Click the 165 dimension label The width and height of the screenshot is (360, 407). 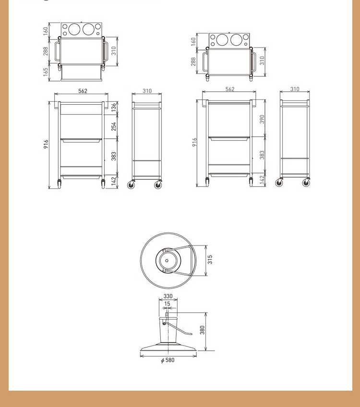[x=46, y=72]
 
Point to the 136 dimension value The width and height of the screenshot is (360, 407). [x=114, y=108]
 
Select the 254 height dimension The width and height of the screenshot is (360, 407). [x=114, y=127]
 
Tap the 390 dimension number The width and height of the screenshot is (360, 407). [x=262, y=119]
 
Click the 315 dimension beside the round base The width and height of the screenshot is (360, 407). [x=210, y=259]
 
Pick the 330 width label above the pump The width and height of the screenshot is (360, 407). [x=168, y=296]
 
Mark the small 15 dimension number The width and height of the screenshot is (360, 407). [x=168, y=304]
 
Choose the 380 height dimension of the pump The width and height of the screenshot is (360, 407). [x=202, y=330]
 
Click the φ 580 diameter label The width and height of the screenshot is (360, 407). [x=168, y=360]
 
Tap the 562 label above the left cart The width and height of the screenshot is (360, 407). [x=83, y=91]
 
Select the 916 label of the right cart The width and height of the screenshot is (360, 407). [x=194, y=142]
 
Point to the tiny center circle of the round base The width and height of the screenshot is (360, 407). [x=167, y=260]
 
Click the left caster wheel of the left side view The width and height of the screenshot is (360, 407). [x=131, y=185]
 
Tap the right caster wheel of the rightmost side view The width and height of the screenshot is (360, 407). [x=306, y=183]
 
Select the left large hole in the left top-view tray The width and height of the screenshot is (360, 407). [x=74, y=29]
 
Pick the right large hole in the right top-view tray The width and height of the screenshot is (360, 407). [x=236, y=40]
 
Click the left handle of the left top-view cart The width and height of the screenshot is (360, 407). [x=57, y=51]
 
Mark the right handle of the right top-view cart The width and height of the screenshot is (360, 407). [x=253, y=62]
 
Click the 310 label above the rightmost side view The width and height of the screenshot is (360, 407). [x=295, y=89]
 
